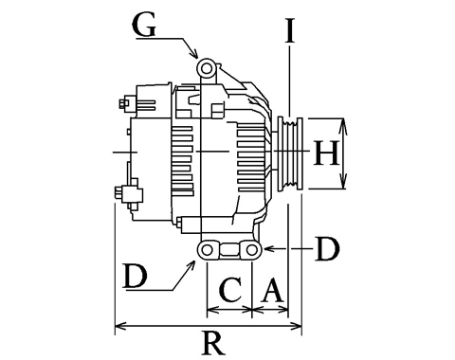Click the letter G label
[144, 26]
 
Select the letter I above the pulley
[290, 30]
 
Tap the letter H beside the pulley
[326, 153]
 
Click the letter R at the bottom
[213, 344]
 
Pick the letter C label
[231, 290]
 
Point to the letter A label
[272, 290]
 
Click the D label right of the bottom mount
[327, 249]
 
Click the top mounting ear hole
[207, 67]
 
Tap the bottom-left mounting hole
[207, 250]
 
